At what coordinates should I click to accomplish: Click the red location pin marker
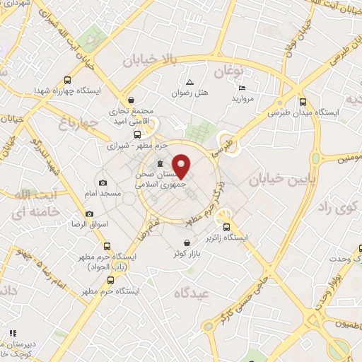click(x=181, y=165)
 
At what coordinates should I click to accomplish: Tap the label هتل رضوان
click(x=189, y=93)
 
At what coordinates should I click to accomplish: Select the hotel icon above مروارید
click(x=243, y=88)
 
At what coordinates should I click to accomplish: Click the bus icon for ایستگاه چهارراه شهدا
click(x=67, y=81)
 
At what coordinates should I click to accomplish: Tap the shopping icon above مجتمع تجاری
click(x=132, y=100)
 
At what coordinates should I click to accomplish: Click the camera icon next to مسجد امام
click(x=103, y=182)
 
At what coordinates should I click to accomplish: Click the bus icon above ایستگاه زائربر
click(x=226, y=228)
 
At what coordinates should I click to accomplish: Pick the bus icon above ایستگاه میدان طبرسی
click(x=303, y=101)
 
